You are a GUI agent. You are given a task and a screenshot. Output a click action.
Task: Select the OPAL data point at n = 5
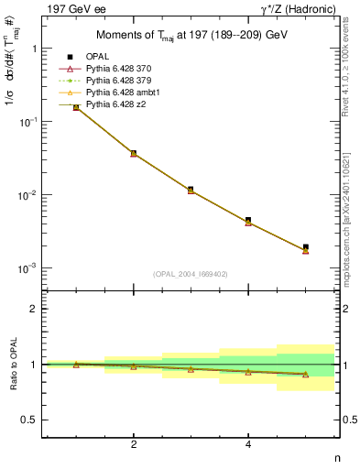point(306,247)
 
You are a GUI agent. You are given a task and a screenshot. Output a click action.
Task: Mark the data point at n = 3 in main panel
point(191,190)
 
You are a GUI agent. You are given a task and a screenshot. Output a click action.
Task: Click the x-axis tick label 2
point(134,444)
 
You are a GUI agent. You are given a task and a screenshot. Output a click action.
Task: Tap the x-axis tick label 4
point(248,444)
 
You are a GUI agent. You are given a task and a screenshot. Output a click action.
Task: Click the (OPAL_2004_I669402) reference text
point(191,273)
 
